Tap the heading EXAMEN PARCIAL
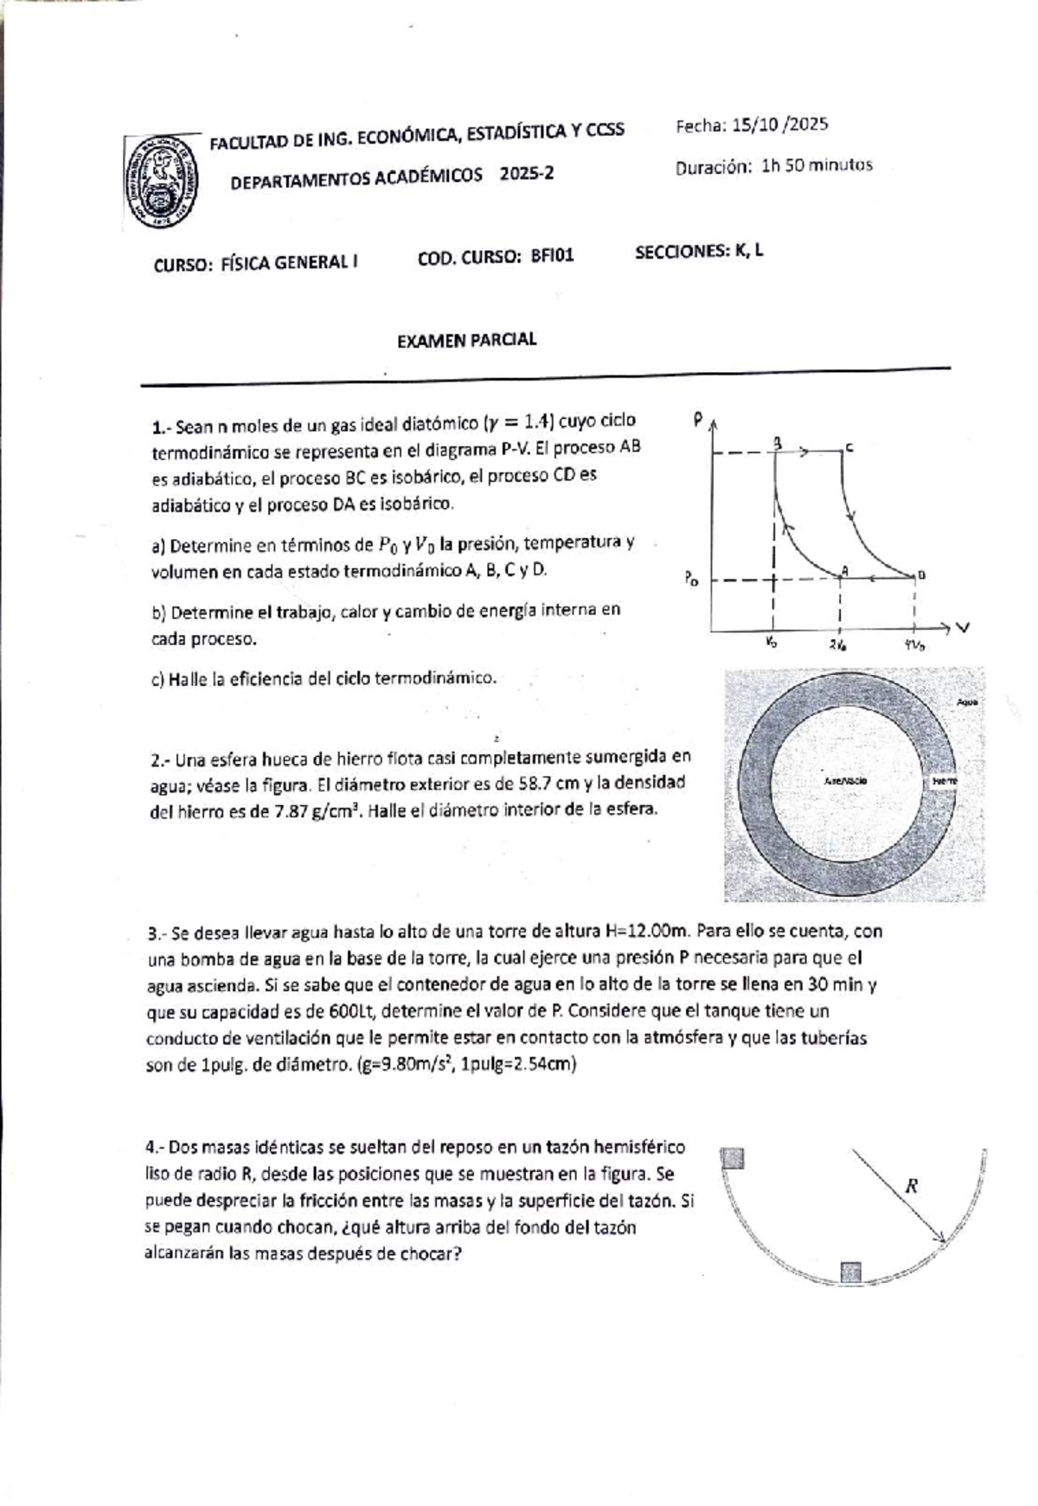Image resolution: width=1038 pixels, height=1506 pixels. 466,340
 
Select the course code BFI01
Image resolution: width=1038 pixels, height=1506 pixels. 552,256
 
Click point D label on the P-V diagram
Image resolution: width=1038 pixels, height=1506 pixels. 921,574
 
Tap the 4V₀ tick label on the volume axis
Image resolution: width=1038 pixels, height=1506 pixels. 914,645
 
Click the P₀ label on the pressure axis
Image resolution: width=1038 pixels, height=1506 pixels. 690,580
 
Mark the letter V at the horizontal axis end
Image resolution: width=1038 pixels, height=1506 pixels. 962,628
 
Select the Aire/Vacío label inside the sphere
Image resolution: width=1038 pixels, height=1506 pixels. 847,780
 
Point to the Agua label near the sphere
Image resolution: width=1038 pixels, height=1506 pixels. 966,702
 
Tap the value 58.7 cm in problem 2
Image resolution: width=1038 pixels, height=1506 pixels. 552,783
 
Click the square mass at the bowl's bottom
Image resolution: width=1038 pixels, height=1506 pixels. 850,1271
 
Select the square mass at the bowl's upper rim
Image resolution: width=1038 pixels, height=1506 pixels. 734,1158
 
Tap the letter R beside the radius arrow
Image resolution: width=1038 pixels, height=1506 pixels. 911,1186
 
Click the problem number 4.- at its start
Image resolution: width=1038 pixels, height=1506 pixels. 155,1148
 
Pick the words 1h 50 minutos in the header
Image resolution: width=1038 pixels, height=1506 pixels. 817,165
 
